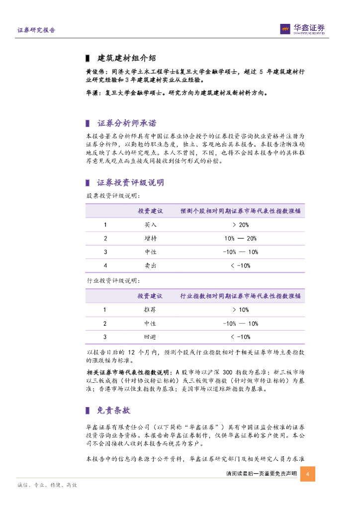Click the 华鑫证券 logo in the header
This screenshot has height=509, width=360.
tap(302, 29)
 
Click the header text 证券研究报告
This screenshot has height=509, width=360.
tap(36, 30)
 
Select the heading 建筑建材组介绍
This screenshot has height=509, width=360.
tap(127, 58)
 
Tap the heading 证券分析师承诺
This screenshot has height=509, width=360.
tap(127, 123)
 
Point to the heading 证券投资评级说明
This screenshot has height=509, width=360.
tap(130, 182)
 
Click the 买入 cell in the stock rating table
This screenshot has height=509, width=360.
tap(150, 225)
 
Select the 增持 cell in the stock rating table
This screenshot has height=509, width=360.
tap(150, 239)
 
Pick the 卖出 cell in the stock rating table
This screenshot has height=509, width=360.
tap(150, 266)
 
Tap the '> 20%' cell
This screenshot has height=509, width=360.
tap(240, 225)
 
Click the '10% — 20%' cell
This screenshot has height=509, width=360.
tap(241, 239)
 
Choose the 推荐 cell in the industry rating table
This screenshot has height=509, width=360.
tap(150, 310)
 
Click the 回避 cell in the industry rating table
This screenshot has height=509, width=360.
tap(150, 337)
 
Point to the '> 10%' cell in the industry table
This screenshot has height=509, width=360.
tap(240, 310)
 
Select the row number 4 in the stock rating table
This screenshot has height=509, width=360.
tap(105, 266)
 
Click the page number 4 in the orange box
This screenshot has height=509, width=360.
tap(308, 474)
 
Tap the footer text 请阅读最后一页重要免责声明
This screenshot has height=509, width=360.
tap(261, 474)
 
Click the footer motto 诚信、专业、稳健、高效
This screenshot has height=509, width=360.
tap(47, 485)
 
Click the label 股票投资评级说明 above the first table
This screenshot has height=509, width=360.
tap(110, 196)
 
